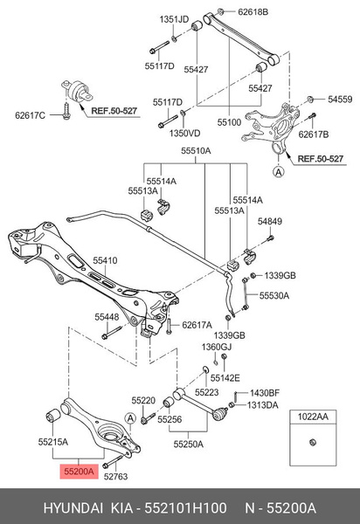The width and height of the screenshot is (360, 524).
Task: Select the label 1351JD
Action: pyautogui.click(x=171, y=18)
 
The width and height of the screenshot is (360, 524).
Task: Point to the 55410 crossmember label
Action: pyautogui.click(x=106, y=260)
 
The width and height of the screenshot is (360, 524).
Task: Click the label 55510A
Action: pyautogui.click(x=196, y=150)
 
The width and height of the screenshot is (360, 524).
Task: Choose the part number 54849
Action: pyautogui.click(x=270, y=222)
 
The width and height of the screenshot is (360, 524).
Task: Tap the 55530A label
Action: pyautogui.click(x=274, y=296)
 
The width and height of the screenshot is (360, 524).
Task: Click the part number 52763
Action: pyautogui.click(x=115, y=478)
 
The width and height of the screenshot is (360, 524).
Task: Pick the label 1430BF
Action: pyautogui.click(x=265, y=393)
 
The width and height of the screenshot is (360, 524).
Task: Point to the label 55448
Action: pyautogui.click(x=107, y=316)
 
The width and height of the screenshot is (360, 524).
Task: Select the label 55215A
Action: pyautogui.click(x=51, y=443)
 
